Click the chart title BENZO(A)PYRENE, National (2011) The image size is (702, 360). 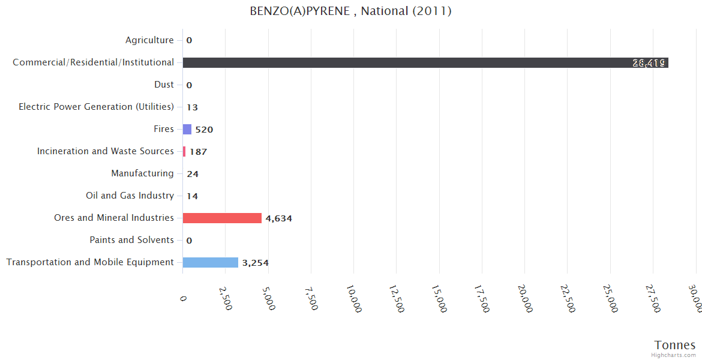350,11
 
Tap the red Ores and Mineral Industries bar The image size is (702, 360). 222,218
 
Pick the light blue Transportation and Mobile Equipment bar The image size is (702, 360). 210,262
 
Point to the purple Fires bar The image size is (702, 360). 187,129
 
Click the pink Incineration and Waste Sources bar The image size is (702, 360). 184,151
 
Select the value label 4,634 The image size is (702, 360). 278,218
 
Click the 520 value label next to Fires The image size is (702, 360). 204,130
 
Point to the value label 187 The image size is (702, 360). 198,152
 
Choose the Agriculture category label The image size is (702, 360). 149,40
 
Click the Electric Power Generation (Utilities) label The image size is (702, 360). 96,107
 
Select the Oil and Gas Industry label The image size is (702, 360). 130,196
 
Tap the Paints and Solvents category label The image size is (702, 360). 131,240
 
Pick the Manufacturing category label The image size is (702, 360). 142,173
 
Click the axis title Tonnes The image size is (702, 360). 674,345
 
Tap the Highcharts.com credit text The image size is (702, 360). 674,355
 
